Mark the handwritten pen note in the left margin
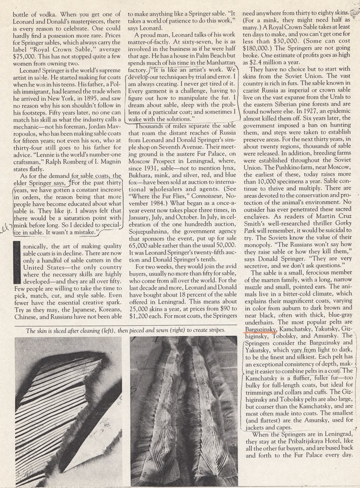pos(6,228)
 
